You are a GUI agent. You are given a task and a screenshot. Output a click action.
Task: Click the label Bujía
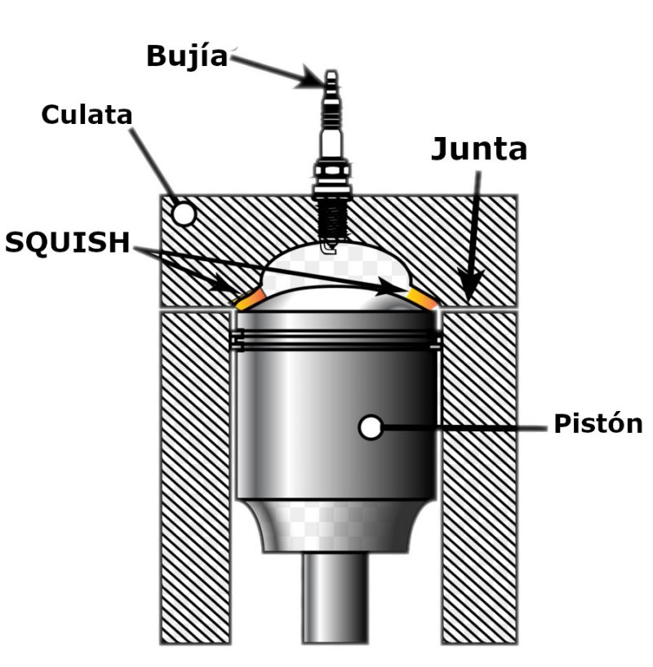click(187, 55)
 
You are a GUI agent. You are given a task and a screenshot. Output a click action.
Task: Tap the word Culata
click(87, 114)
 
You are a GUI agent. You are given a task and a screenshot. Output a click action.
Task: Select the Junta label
click(478, 149)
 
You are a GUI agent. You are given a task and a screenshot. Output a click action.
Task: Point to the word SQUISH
click(67, 242)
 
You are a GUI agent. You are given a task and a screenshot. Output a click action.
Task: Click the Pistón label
click(598, 424)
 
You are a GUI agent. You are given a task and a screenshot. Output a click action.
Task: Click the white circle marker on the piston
click(371, 426)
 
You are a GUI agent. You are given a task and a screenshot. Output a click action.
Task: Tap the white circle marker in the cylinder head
click(184, 214)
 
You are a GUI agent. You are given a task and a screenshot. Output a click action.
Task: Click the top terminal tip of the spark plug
click(331, 79)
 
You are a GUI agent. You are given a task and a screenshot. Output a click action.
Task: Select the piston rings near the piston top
click(335, 339)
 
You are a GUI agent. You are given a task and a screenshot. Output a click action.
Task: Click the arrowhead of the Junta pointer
click(468, 292)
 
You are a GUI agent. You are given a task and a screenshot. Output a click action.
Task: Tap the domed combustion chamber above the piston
click(335, 273)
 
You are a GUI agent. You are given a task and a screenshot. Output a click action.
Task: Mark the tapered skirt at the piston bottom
click(335, 526)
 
